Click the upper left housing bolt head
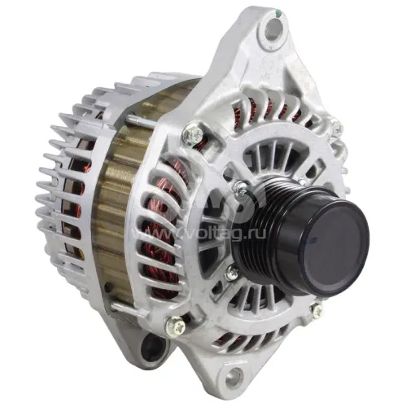pyautogui.click(x=193, y=133)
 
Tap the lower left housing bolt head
pyautogui.click(x=175, y=326)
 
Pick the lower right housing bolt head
pyautogui.click(x=317, y=311)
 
